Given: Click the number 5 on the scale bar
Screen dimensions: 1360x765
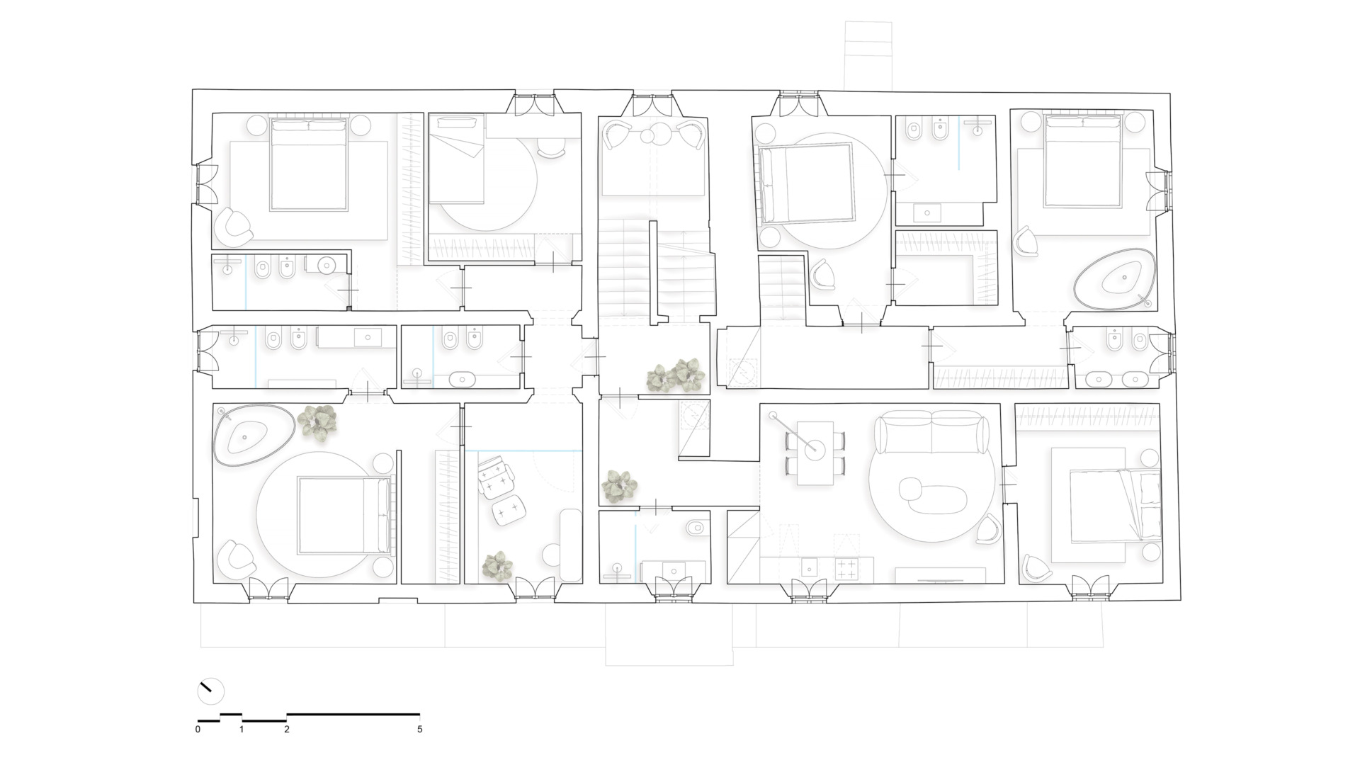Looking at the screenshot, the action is [420, 729].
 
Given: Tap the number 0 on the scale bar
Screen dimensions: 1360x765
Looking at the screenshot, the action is [198, 729].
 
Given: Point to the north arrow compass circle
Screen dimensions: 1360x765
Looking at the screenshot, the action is [210, 691].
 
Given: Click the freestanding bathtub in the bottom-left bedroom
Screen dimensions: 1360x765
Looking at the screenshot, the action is [253, 436].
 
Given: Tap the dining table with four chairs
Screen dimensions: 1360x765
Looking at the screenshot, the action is [815, 453].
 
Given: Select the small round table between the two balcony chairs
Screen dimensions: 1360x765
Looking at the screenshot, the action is [660, 135].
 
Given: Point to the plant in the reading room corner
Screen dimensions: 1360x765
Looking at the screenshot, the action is [497, 566].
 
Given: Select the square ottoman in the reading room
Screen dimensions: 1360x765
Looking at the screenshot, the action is [508, 511].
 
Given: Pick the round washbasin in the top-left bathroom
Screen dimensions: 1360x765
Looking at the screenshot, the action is [327, 266].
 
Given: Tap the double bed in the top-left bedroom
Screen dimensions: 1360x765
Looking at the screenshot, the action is [309, 164].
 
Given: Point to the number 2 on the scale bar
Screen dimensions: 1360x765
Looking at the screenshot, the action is [287, 729].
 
